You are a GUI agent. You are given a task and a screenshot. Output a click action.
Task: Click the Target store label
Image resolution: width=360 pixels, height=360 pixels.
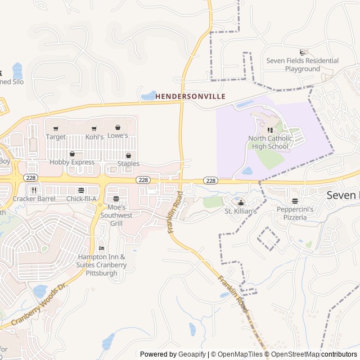tap(56, 137)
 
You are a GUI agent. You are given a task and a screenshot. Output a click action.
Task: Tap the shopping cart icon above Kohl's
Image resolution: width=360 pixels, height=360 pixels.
tap(94, 128)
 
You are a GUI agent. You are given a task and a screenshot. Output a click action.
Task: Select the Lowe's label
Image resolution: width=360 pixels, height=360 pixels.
tap(118, 136)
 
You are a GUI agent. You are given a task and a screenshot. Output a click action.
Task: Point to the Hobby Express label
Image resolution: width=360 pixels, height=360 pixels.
tap(72, 163)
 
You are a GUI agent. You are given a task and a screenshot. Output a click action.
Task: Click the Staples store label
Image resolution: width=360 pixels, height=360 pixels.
tap(128, 164)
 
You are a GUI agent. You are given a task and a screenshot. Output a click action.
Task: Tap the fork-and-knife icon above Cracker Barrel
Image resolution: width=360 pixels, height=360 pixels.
tap(34, 190)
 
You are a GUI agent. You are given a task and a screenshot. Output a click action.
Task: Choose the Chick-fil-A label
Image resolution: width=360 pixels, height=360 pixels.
tap(82, 199)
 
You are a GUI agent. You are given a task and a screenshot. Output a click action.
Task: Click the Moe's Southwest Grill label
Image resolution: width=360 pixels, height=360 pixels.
tap(116, 215)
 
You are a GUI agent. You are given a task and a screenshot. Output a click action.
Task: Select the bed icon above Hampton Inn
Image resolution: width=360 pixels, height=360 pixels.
tap(102, 248)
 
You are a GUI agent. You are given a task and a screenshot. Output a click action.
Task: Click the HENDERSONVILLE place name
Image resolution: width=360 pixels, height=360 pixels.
tap(191, 97)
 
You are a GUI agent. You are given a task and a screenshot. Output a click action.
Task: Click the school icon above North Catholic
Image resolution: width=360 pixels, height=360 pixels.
tap(271, 130)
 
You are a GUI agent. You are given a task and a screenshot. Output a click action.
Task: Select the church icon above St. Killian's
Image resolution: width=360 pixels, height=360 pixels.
tap(241, 202)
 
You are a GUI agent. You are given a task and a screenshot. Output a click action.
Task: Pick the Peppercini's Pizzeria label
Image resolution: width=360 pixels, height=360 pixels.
tap(295, 213)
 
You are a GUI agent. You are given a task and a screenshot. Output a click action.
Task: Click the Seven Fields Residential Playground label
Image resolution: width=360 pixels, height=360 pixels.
tap(302, 65)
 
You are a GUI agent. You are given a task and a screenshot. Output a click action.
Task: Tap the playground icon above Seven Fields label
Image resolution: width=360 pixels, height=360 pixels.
tap(304, 52)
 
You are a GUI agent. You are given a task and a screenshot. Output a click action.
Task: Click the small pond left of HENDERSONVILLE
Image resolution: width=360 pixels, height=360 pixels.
tap(148, 96)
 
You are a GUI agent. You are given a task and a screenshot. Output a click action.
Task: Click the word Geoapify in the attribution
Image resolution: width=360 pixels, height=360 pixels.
tap(193, 354)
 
